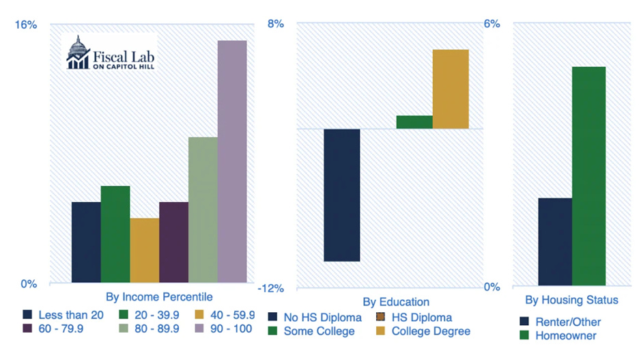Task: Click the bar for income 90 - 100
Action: tap(232, 162)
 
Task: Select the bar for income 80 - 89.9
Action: tap(203, 210)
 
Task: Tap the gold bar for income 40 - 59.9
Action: tap(144, 251)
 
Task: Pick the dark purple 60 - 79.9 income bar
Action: tap(173, 243)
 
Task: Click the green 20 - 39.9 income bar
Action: tap(115, 234)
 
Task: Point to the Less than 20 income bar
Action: tap(86, 243)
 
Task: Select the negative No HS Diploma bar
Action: tap(341, 195)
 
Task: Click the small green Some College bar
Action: tap(414, 122)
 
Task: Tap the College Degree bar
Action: tap(451, 89)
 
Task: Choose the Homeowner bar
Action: tap(588, 176)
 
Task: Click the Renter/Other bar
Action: tap(555, 242)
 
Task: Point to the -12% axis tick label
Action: tap(270, 288)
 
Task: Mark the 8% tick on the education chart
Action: tap(275, 25)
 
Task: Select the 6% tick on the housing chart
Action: tap(492, 23)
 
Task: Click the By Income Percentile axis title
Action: tap(158, 297)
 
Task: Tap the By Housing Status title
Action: tap(571, 300)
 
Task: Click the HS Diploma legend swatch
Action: tap(380, 318)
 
